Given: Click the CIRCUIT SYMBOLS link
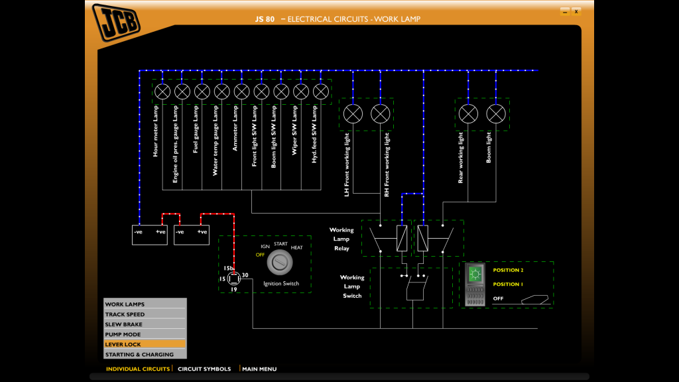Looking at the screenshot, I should tap(204, 369).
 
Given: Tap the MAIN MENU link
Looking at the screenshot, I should tap(259, 369).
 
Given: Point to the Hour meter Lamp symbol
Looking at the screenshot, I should tap(162, 92).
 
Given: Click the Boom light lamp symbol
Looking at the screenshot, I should tap(496, 114).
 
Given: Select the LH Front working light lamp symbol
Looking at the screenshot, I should tap(353, 114).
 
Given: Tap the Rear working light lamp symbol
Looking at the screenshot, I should tap(469, 114).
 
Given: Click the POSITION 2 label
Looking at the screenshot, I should tap(508, 271).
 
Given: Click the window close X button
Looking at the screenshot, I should tap(576, 11).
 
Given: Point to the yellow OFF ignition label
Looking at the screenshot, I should tap(261, 255).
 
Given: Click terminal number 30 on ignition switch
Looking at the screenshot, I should tap(245, 275).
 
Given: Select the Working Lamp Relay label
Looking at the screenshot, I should tap(341, 239).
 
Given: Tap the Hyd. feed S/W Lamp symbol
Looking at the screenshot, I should tap(321, 92).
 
